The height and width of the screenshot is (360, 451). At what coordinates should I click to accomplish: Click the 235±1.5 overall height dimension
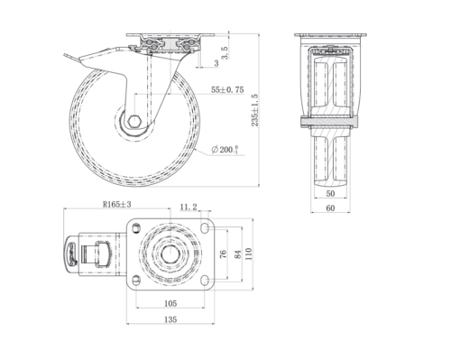254,110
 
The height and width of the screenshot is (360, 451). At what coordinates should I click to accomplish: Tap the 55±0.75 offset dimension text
227,89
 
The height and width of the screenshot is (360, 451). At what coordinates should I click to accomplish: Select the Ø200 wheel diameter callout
225,150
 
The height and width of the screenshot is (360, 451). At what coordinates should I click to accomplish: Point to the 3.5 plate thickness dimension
225,52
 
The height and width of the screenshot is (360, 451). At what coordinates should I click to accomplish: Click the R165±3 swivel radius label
117,205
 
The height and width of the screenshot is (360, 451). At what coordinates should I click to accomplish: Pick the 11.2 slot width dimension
189,207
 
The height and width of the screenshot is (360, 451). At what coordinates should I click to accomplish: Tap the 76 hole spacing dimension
223,254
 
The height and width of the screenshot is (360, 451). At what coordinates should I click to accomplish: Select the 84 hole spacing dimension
237,254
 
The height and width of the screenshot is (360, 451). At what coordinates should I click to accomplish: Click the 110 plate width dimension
248,254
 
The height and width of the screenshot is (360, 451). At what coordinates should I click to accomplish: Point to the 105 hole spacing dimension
170,303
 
